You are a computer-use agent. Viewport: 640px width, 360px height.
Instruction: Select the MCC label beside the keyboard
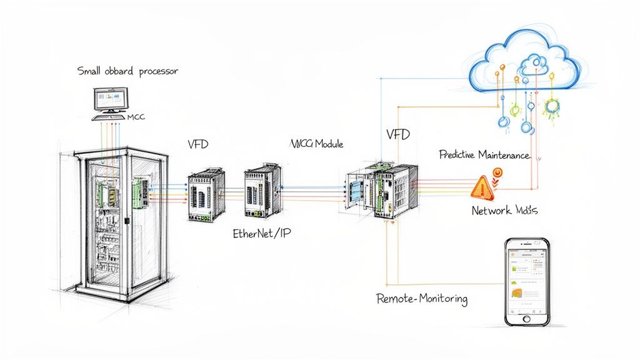pos(136,117)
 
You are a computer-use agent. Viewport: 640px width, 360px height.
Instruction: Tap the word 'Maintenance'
pos(507,154)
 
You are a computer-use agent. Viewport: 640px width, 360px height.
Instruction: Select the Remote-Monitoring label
pos(422,299)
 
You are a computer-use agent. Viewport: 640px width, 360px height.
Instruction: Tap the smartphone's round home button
pos(526,317)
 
